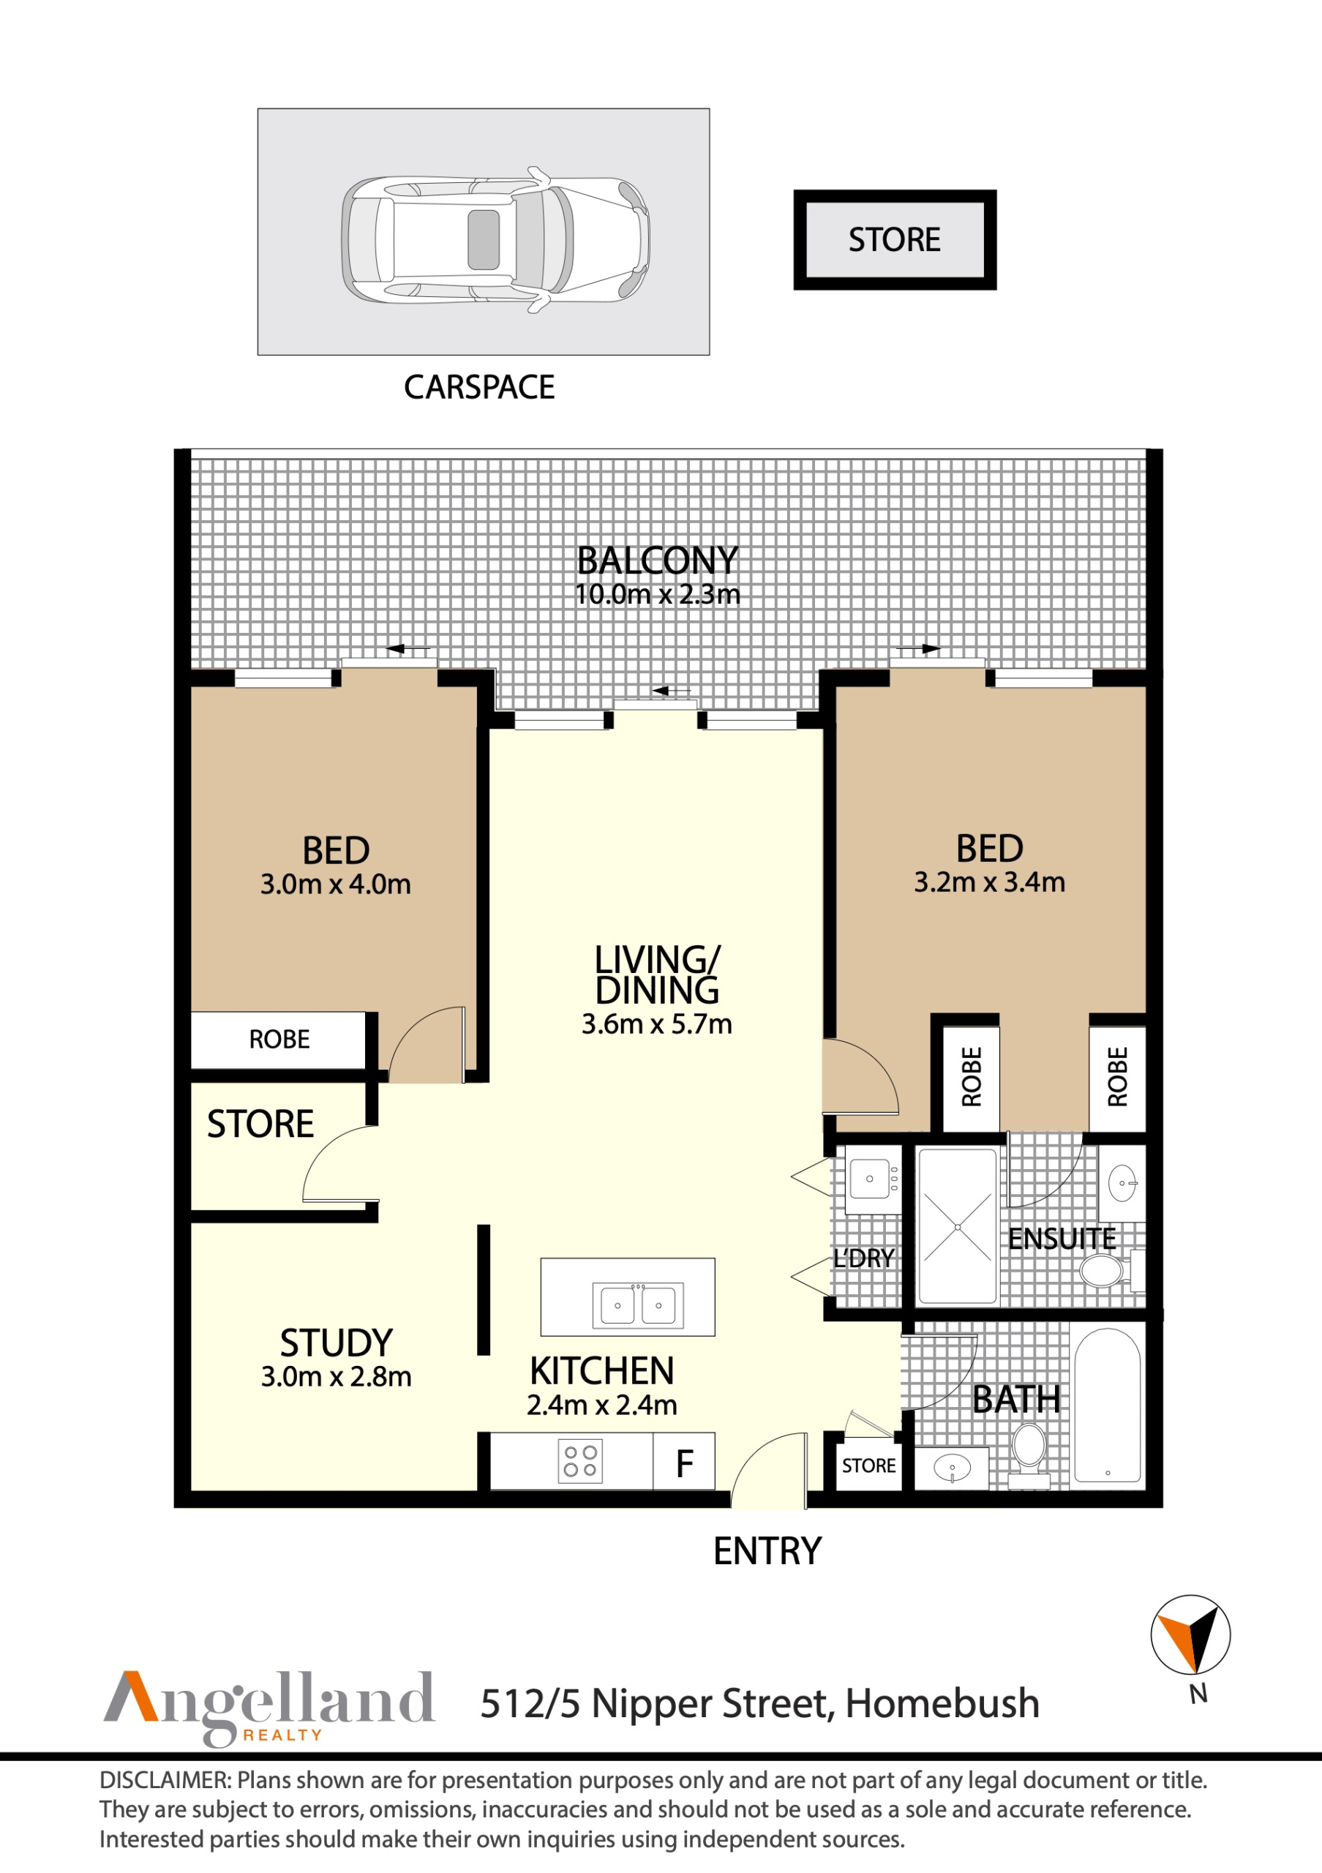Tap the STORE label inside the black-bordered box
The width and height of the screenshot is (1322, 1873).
[x=894, y=240]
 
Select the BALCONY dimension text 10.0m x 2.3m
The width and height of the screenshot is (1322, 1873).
[x=657, y=595]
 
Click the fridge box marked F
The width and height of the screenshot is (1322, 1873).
[x=684, y=1464]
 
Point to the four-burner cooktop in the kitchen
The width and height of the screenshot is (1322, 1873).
[x=580, y=1461]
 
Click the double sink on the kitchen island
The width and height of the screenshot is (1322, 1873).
[x=638, y=1305]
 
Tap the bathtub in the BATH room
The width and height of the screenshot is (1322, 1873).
[x=1107, y=1405]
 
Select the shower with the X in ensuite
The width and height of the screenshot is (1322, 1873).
[x=957, y=1227]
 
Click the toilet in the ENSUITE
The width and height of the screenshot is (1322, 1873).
[x=1102, y=1270]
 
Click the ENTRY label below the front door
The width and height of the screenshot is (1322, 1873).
[x=767, y=1552]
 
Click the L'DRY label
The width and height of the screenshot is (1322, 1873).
[x=864, y=1258]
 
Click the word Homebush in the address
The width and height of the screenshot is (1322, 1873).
[x=942, y=1703]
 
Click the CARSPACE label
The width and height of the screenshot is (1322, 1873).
[x=478, y=388]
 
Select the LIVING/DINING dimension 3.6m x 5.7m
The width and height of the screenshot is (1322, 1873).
[x=656, y=1024]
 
